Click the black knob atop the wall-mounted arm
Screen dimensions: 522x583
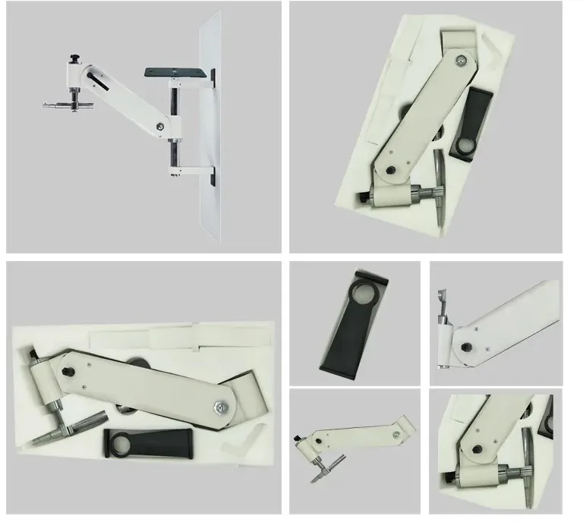tap(74, 58)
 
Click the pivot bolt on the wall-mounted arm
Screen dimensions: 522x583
tap(160, 127)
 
